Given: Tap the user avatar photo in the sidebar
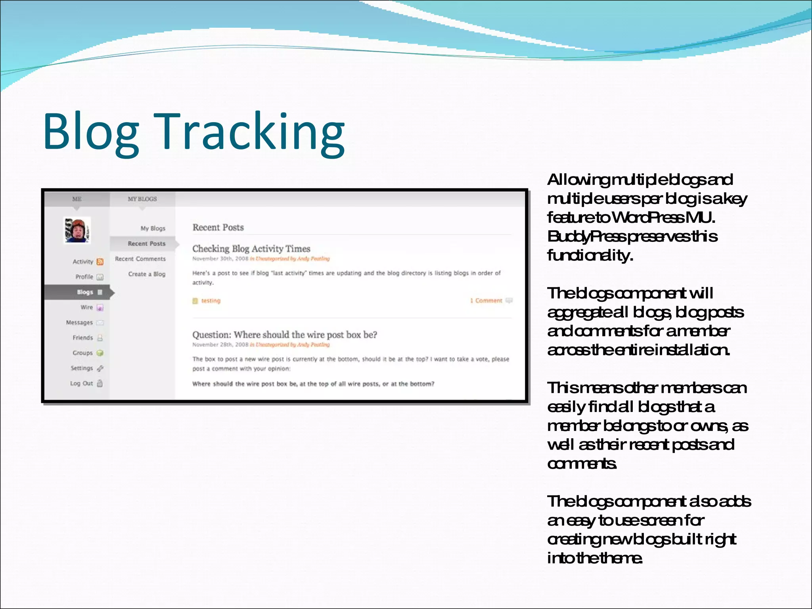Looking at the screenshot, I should (78, 230).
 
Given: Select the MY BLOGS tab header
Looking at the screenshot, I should (142, 199).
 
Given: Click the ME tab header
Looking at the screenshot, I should (77, 199).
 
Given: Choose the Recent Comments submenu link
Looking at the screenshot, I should (140, 259).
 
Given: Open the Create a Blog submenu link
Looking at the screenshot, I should (147, 274).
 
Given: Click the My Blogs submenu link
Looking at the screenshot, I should (153, 228).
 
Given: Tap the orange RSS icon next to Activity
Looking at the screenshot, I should (100, 262).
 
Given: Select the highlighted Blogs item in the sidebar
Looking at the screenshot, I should (85, 292).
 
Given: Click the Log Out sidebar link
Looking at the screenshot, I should (81, 383).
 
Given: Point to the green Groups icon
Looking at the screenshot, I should (100, 353).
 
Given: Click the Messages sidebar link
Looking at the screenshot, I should (79, 323).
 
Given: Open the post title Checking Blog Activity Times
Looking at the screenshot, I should (251, 249).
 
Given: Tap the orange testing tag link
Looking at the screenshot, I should (211, 301).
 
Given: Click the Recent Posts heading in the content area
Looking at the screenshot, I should (218, 228).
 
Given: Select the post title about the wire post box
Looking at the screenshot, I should (285, 335).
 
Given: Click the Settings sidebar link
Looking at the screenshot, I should (82, 368).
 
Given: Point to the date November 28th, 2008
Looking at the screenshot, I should (220, 345).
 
